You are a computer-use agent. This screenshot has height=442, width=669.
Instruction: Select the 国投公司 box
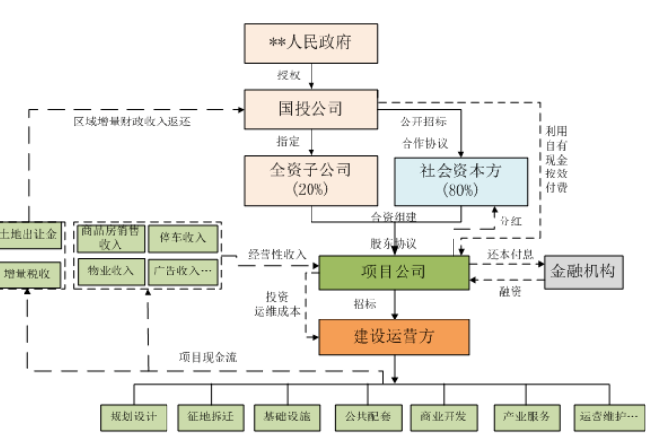(310, 105)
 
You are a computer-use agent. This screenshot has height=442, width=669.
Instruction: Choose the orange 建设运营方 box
(394, 335)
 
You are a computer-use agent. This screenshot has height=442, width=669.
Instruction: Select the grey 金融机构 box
(583, 271)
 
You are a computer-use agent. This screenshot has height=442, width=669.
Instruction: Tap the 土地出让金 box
(28, 236)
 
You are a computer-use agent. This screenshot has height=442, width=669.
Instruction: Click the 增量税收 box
(28, 271)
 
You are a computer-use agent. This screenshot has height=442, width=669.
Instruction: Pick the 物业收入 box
(111, 270)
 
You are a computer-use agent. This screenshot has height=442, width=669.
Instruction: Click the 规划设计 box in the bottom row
(134, 417)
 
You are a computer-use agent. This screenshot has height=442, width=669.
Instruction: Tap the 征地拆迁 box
(211, 417)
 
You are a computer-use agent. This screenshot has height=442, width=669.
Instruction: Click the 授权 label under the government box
(290, 74)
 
